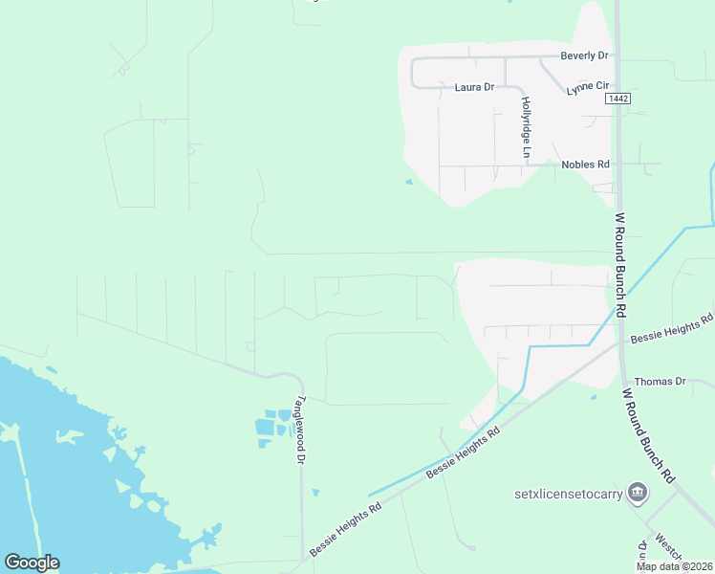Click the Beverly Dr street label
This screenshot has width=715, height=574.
(x=584, y=55)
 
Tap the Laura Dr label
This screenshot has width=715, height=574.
(x=474, y=87)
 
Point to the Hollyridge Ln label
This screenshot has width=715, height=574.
(x=526, y=121)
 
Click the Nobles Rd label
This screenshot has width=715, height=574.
(x=585, y=165)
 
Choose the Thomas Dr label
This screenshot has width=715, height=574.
(x=661, y=381)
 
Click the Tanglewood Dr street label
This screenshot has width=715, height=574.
(x=300, y=430)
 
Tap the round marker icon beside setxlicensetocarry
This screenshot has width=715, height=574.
(x=638, y=494)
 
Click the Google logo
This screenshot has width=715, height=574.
(x=32, y=563)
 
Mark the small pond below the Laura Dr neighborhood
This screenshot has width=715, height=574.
(x=409, y=182)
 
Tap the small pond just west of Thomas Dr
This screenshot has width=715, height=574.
(x=594, y=396)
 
